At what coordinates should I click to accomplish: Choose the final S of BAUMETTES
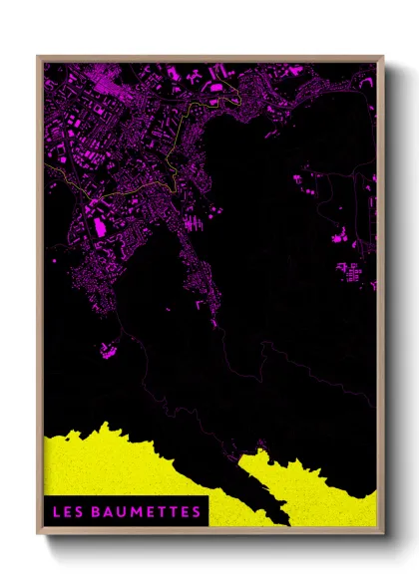pos(196,512)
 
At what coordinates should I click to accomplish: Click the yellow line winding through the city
pos(150,185)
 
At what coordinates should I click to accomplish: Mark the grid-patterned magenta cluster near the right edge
pos(350,271)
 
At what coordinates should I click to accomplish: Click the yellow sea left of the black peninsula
pos(120,463)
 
